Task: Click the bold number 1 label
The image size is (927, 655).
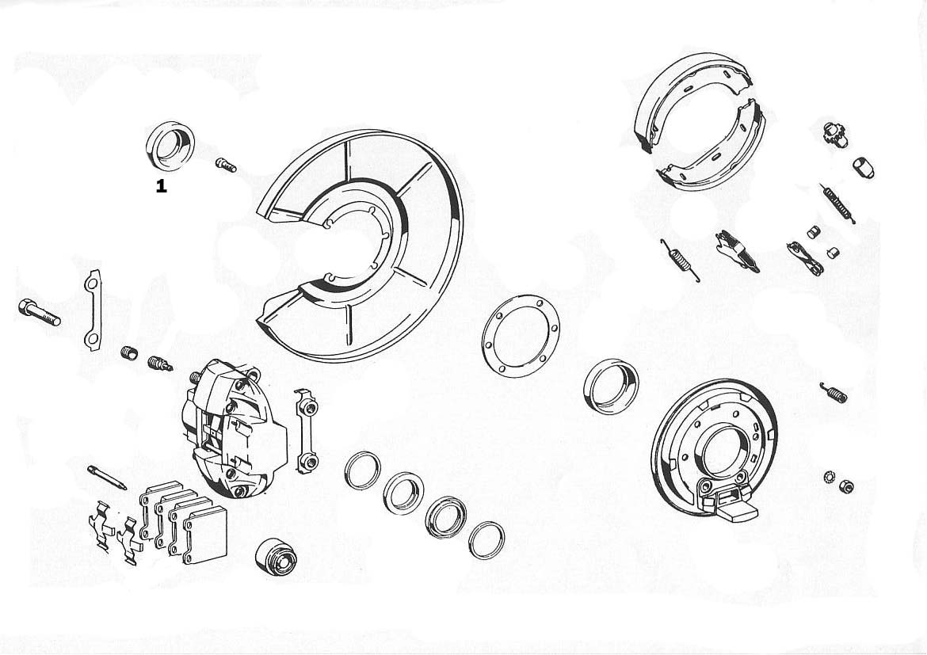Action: [x=161, y=186]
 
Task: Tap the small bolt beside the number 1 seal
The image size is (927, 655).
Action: [x=226, y=165]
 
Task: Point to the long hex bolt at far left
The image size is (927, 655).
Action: [x=39, y=313]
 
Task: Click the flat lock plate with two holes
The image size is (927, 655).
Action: [x=93, y=310]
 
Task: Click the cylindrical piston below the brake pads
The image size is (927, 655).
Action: [x=275, y=557]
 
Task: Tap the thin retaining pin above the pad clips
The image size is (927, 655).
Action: [x=106, y=478]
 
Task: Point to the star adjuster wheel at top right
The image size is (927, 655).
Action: [x=834, y=132]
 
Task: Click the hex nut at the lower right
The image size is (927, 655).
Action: [x=845, y=486]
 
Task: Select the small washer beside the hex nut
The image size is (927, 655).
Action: [x=829, y=476]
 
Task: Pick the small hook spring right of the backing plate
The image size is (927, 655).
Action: [x=834, y=392]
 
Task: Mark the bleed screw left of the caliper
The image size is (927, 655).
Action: [x=159, y=364]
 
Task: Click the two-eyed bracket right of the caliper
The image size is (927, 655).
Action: [x=307, y=431]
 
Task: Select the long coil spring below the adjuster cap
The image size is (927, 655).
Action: [x=837, y=203]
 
